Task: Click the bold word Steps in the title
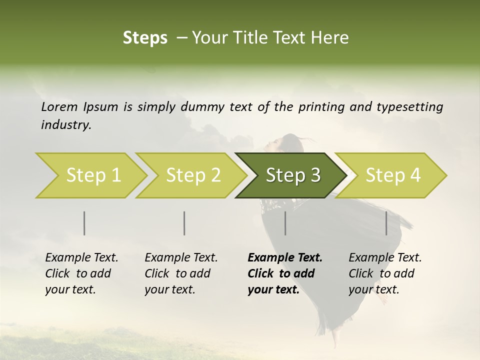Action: (145, 38)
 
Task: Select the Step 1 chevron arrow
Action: (93, 175)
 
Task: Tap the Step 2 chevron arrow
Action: (193, 175)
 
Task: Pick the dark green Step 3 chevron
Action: (292, 175)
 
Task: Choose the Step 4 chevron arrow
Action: (392, 175)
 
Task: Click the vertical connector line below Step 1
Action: (84, 223)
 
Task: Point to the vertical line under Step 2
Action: (184, 223)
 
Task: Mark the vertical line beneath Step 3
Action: (285, 223)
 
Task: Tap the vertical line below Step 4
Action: (386, 223)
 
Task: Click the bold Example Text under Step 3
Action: (285, 258)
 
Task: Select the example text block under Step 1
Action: (81, 273)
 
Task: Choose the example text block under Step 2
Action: (181, 273)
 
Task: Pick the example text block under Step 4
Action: (385, 273)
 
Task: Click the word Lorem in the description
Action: (59, 106)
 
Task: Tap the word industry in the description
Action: (65, 125)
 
